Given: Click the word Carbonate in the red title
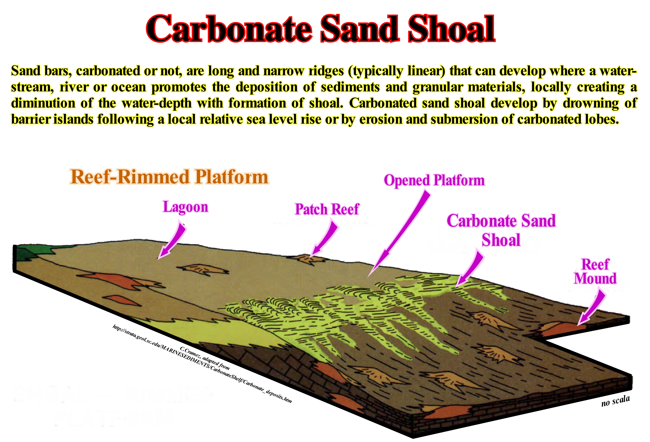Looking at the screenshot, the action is pyautogui.click(x=229, y=29).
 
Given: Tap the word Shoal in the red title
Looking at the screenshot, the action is pyautogui.click(x=451, y=29).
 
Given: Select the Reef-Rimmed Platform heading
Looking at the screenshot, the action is pyautogui.click(x=169, y=177).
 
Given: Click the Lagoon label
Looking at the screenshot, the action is pyautogui.click(x=185, y=207).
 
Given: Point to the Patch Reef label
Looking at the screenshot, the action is pyautogui.click(x=327, y=209).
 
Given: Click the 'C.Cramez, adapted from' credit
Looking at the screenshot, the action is pyautogui.click(x=205, y=358).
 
